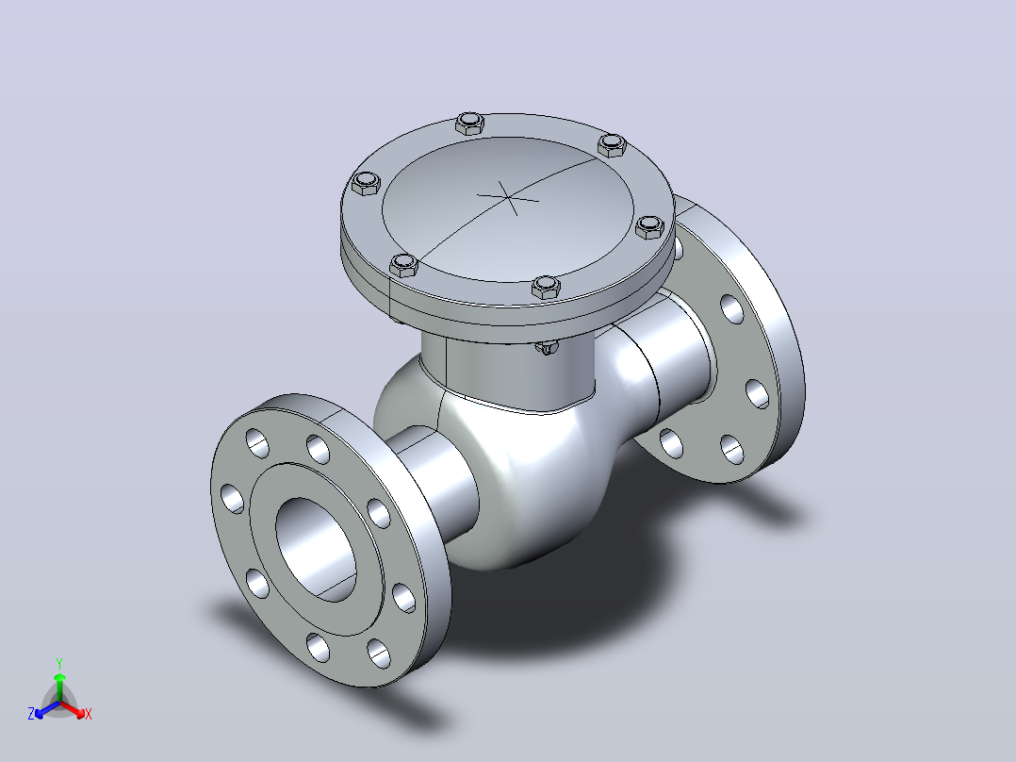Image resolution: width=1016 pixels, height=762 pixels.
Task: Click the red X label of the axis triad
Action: [x=89, y=714]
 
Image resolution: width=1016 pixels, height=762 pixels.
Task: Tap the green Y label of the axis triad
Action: [x=59, y=663]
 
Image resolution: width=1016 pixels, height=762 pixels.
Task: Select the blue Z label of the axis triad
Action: [x=31, y=714]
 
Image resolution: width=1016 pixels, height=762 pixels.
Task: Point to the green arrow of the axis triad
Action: [x=59, y=687]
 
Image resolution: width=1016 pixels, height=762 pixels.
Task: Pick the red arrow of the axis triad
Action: [x=72, y=709]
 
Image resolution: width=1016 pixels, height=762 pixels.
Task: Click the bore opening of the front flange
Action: [x=316, y=549]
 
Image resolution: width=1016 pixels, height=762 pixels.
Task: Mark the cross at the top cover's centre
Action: [x=508, y=198]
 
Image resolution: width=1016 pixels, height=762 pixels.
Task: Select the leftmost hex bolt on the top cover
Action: [x=366, y=183]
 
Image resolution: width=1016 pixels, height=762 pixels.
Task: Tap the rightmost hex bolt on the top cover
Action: [x=649, y=227]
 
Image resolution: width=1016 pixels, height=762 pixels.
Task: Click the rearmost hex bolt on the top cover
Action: [x=469, y=123]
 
